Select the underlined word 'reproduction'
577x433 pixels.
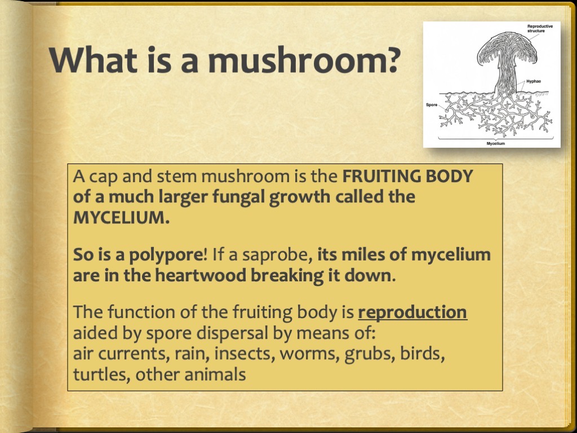[x=412, y=312]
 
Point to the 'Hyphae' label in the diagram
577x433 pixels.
[x=534, y=82]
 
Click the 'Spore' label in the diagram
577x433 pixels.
[x=432, y=105]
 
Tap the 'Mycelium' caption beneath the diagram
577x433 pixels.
[x=495, y=144]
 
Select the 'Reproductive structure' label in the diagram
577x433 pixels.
[x=540, y=29]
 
